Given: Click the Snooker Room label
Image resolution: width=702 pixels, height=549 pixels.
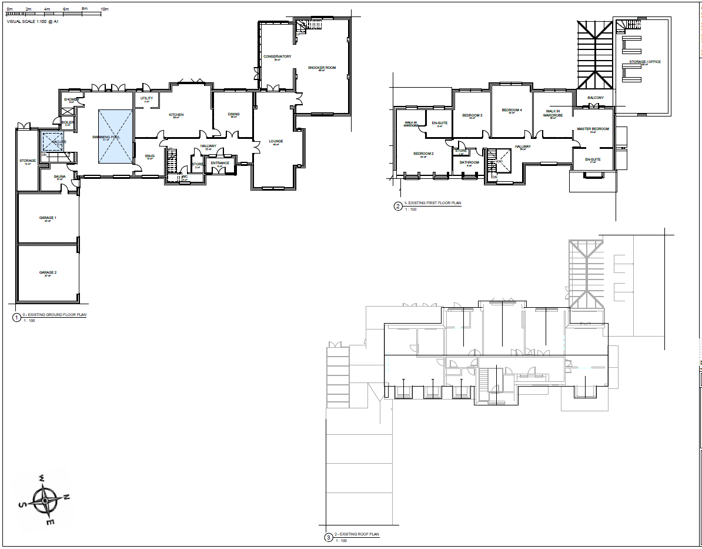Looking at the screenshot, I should coord(322,68).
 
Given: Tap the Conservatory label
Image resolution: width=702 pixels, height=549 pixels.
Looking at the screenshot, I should coord(278,56).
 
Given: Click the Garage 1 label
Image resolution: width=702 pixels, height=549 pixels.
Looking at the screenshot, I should coord(48,218).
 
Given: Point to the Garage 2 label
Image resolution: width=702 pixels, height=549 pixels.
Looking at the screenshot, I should coord(48,272).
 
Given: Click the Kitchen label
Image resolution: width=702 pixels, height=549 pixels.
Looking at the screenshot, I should coord(176,114).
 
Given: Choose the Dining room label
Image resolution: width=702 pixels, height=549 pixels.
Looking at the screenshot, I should coord(233,114).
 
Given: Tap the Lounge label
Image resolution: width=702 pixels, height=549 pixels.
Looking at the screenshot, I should coord(276,141).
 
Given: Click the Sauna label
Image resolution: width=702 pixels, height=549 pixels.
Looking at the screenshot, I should coord(59,176).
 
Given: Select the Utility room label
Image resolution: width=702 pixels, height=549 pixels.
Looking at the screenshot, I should coord(146,98).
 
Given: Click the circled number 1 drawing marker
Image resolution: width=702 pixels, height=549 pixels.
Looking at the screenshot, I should coord(16,318).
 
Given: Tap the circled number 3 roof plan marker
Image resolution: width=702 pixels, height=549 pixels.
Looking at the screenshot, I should coord(327,537).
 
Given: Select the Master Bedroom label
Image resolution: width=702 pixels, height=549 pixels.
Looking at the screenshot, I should coord(593,128).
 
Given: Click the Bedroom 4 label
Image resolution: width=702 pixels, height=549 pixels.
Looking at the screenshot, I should coord(512,110).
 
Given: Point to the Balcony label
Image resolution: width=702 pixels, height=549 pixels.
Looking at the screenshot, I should coord(596,97).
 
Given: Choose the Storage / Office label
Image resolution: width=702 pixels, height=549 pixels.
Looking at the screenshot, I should coord(645,61).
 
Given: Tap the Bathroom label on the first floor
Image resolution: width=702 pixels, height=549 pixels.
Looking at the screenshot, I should coord(469,162).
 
